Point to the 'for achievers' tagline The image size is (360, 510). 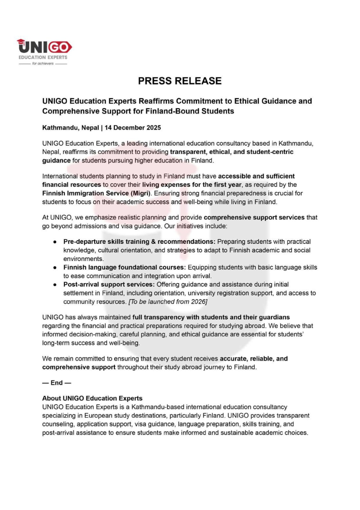pyautogui.click(x=43, y=63)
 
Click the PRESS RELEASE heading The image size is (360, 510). pyautogui.click(x=180, y=81)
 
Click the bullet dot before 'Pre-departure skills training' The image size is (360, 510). pyautogui.click(x=55, y=242)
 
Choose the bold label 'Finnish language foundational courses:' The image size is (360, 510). pyautogui.click(x=124, y=267)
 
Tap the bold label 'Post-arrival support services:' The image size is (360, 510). pyautogui.click(x=109, y=284)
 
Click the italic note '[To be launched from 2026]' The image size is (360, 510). pyautogui.click(x=168, y=302)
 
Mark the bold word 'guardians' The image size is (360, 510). pyautogui.click(x=274, y=317)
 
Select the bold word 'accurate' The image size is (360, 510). pyautogui.click(x=234, y=359)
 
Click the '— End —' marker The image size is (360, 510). pyautogui.click(x=56, y=383)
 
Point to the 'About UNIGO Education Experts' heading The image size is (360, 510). pyautogui.click(x=92, y=398)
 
